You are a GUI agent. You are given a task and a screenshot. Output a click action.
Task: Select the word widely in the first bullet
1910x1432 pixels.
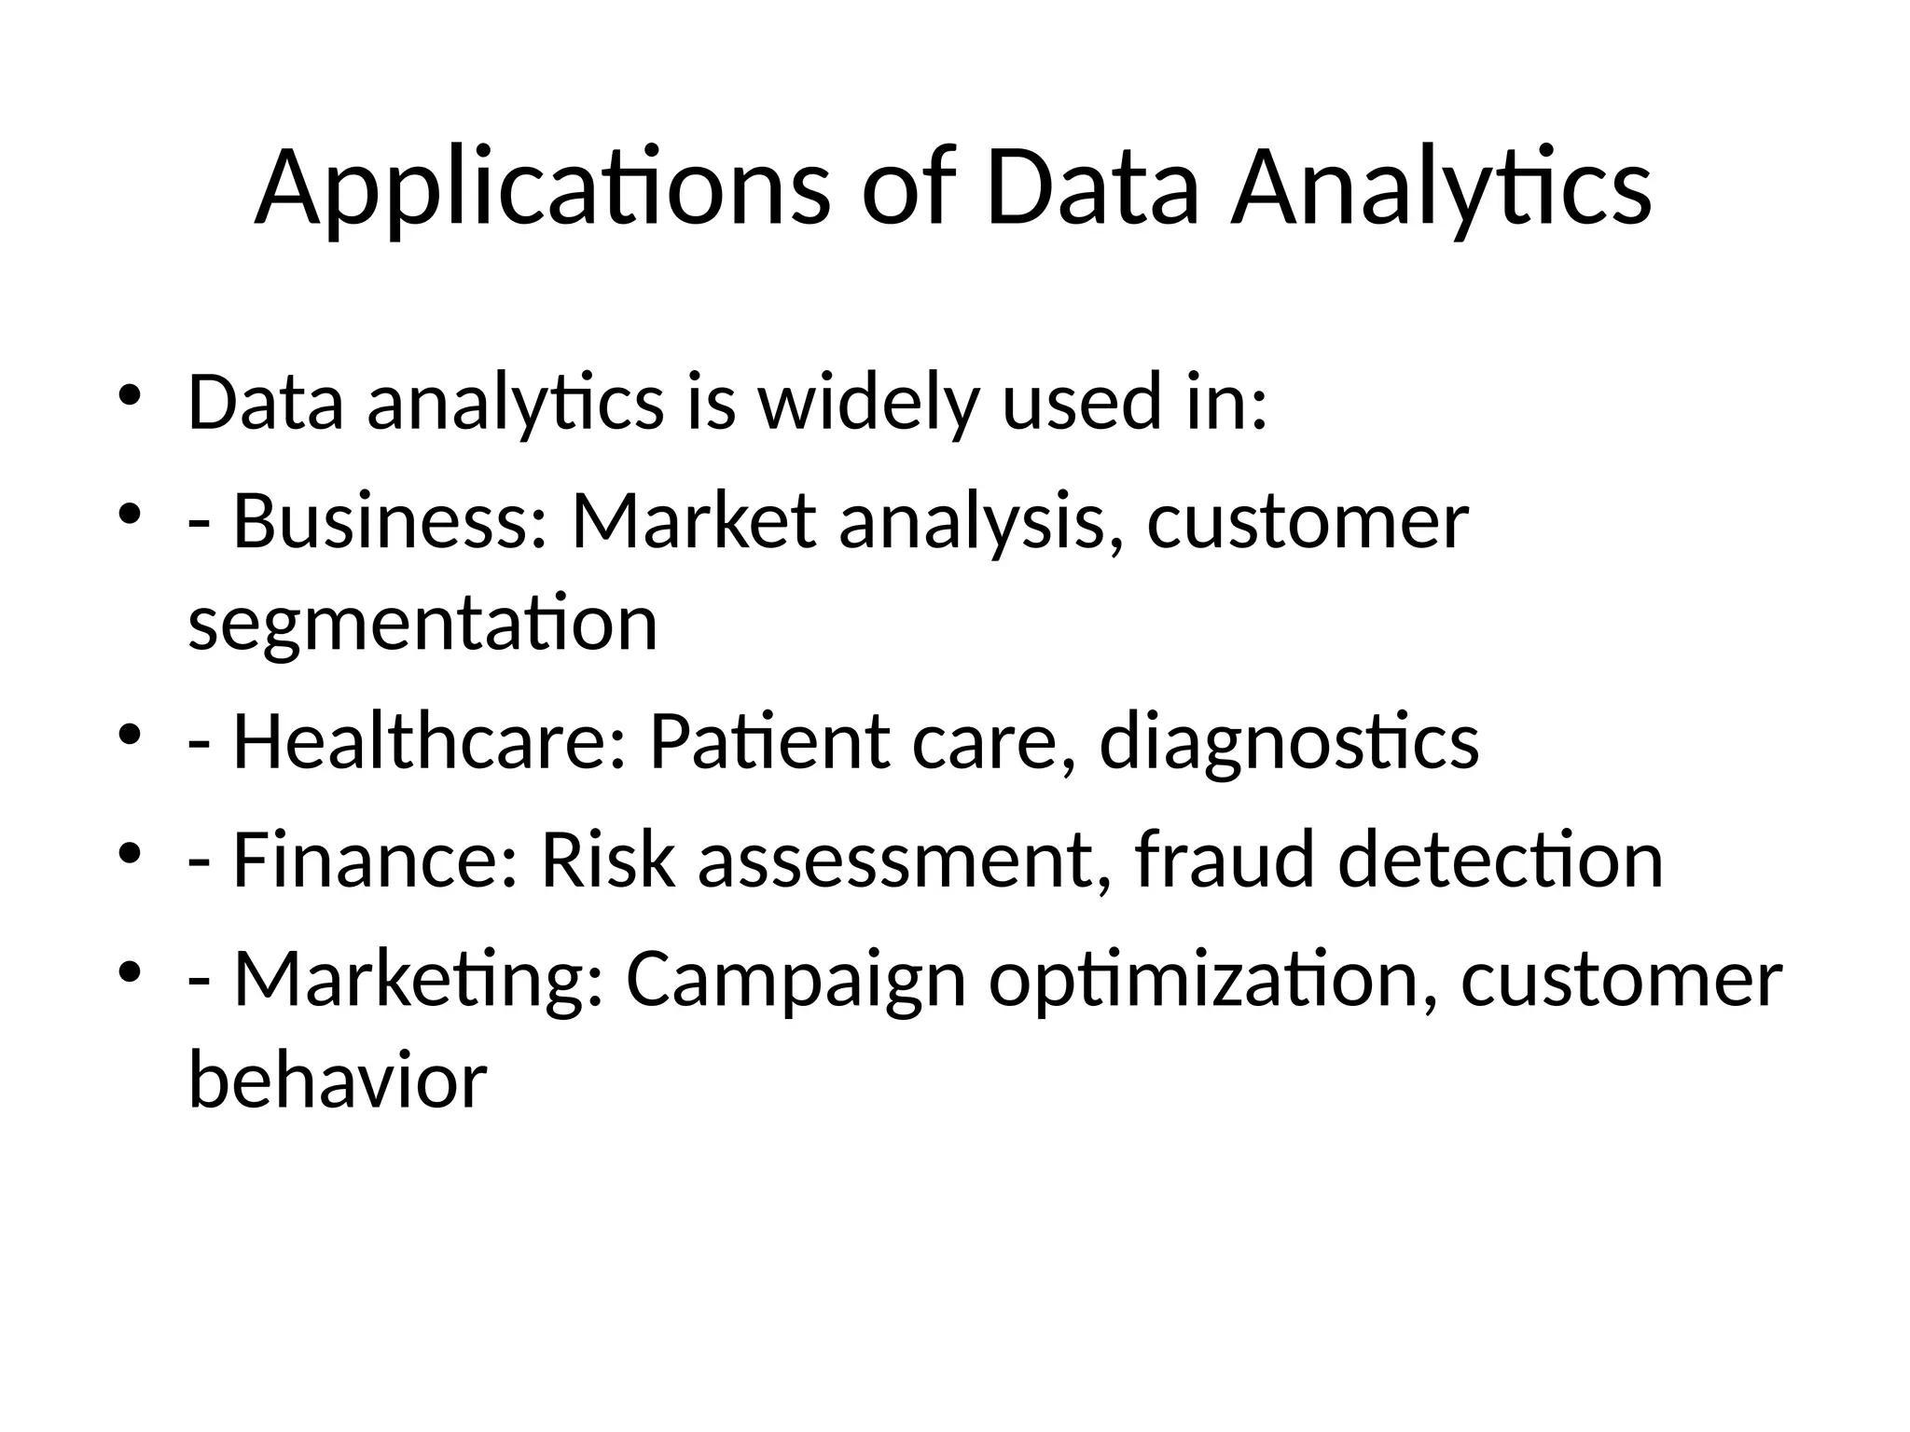tap(868, 404)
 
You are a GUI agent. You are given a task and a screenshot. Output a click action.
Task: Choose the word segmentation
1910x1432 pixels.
tap(422, 624)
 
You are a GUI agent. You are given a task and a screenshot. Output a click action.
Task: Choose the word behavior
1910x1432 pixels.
tap(338, 1081)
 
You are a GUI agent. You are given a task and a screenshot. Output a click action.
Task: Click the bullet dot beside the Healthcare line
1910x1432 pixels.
tap(130, 737)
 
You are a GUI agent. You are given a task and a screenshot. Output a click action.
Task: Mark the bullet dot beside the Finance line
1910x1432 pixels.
tap(130, 854)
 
